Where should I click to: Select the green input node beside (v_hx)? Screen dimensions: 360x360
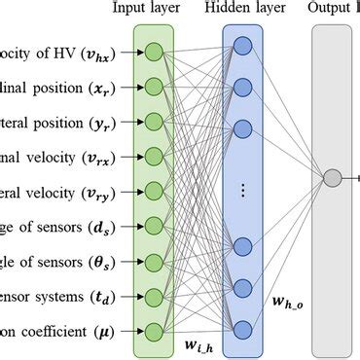point(154,51)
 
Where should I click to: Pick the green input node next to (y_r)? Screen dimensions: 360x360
point(154,121)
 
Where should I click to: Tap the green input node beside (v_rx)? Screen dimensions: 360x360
point(154,156)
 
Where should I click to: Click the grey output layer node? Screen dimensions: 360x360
point(332,178)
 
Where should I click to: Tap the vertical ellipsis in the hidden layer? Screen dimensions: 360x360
point(242,190)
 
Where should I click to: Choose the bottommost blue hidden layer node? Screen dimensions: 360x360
point(242,327)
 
